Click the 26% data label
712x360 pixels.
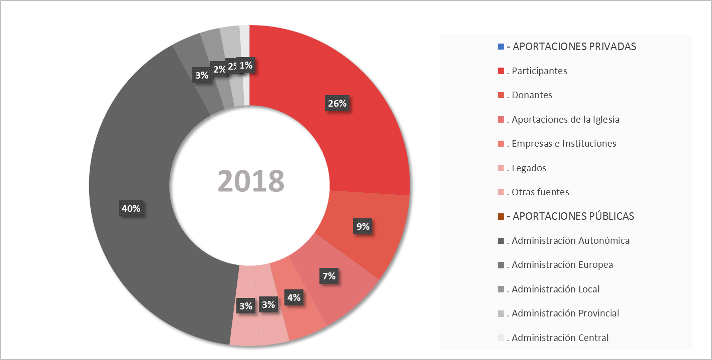337,104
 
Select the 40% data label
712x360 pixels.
131,208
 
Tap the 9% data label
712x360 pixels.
363,227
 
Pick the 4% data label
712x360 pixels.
293,297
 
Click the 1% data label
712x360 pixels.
246,65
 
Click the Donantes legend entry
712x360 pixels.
532,95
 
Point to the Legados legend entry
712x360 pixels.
529,168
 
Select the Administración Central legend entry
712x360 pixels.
560,338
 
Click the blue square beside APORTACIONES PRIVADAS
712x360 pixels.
501,47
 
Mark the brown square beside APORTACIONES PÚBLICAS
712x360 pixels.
501,216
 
